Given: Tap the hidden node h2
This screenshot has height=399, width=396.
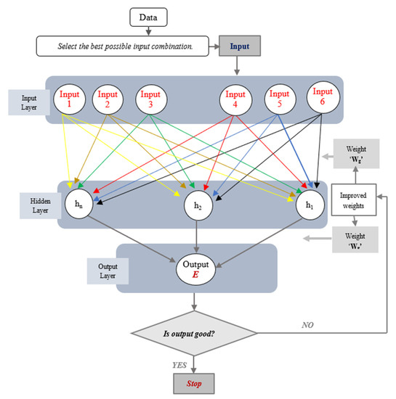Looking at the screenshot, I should coord(197,205).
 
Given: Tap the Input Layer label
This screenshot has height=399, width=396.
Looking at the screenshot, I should coord(29,101).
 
